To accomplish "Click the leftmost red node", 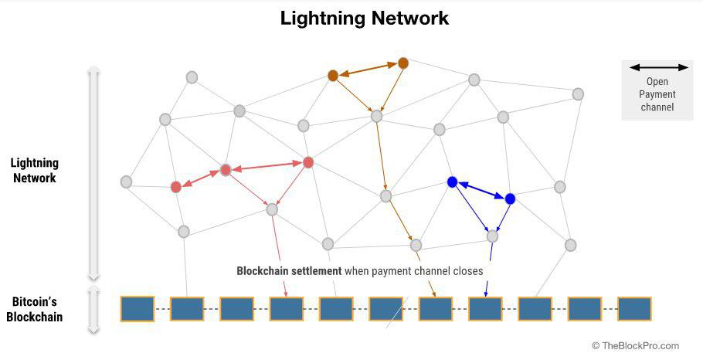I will tap(176, 186).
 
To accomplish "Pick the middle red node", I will tap(226, 169).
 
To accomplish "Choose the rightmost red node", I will tap(308, 162).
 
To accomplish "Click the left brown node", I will tap(333, 75).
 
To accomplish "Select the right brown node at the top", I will tap(402, 63).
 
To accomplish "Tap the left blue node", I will tap(453, 182).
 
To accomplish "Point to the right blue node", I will tap(510, 199).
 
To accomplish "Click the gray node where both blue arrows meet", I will tap(492, 236).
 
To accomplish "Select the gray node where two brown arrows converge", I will tap(377, 116).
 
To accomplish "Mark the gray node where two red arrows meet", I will tap(272, 209).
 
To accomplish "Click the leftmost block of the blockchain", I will tap(137, 308).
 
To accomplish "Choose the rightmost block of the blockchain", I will tap(634, 308).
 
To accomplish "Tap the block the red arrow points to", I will tap(286, 308).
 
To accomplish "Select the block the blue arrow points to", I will tap(485, 308).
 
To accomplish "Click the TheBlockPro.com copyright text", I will tap(635, 345).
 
